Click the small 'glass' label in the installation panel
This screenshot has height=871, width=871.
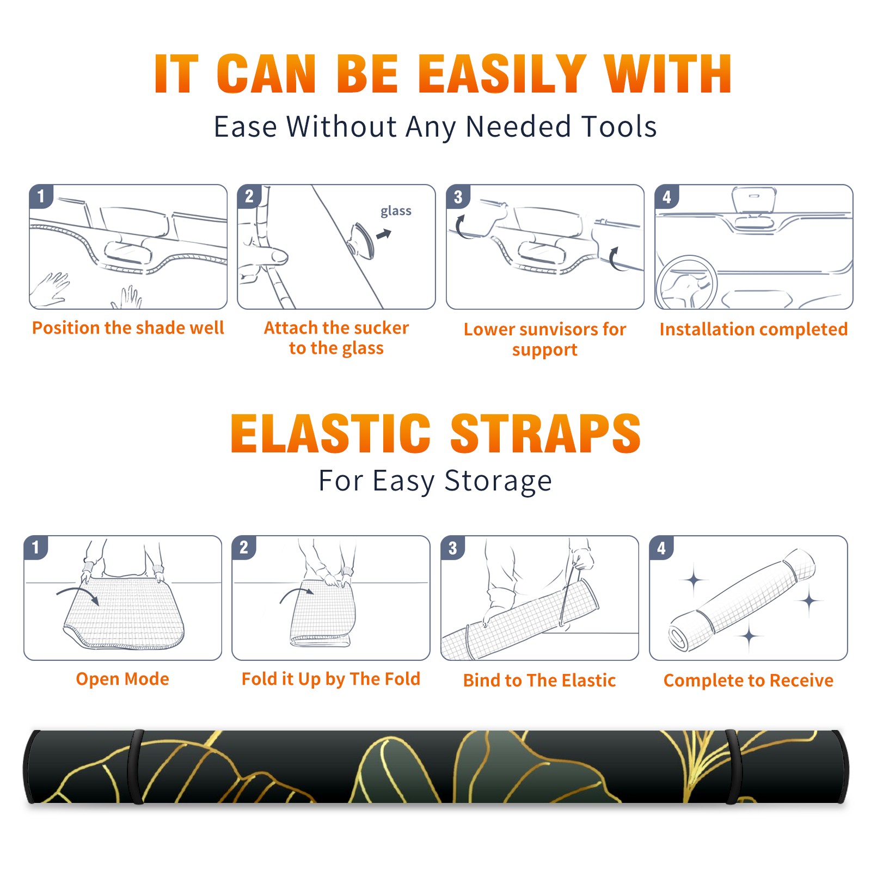[396, 211]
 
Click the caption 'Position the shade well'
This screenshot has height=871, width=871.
[128, 328]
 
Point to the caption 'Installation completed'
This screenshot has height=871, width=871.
[753, 329]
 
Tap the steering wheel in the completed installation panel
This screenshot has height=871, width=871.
[686, 283]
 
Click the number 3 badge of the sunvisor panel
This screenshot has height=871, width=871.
[458, 197]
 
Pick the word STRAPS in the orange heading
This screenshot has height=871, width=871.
[545, 433]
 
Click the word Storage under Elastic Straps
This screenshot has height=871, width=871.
[498, 481]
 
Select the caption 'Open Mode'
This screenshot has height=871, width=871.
[122, 679]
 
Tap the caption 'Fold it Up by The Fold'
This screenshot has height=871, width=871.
[331, 679]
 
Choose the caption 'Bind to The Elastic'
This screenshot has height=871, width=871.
[539, 680]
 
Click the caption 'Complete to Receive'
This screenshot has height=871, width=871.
[749, 680]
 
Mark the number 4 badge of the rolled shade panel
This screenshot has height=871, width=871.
[661, 548]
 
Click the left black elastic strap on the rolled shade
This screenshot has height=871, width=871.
[136, 766]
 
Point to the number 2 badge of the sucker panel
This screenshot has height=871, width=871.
[249, 197]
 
